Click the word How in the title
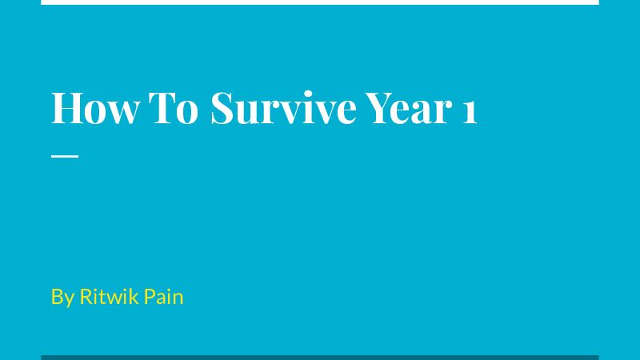[94, 108]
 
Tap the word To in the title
[173, 108]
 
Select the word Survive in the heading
[283, 108]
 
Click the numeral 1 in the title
[470, 112]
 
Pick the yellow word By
[62, 297]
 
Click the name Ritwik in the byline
[109, 296]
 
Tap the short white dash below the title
[65, 156]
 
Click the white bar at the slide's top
[320, 2]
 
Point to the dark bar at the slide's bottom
[320, 358]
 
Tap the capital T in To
[161, 108]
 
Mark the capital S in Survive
[222, 108]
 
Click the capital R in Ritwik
[86, 296]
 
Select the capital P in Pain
[150, 296]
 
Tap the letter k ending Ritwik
[134, 296]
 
